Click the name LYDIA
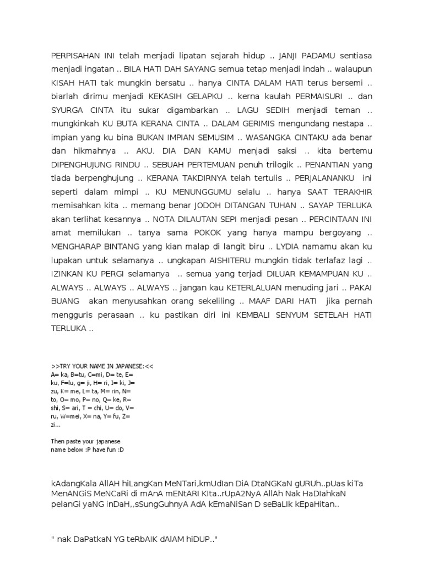pyautogui.click(x=285, y=246)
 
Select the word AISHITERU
pyautogui.click(x=238, y=260)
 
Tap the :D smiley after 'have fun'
pyautogui.click(x=121, y=450)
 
